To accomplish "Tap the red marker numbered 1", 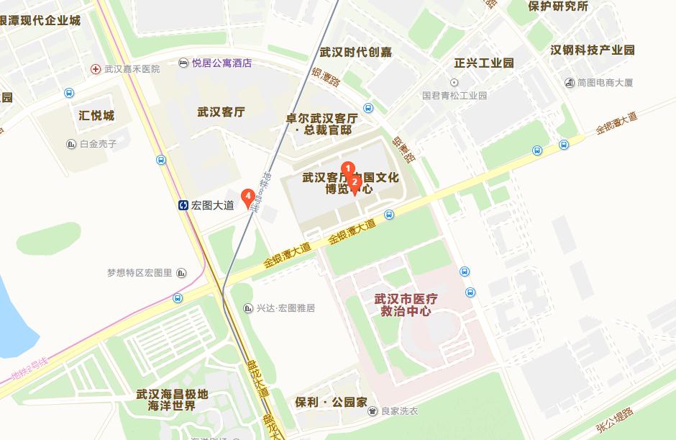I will tap(348, 168).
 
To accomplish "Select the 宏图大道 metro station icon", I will tap(184, 205).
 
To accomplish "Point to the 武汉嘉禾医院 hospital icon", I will tap(96, 69).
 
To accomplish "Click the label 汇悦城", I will tap(96, 115).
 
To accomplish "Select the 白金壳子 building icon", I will tap(70, 144).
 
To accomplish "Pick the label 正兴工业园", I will tap(484, 63).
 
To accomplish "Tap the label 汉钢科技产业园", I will tap(593, 50).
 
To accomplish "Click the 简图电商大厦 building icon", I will tap(570, 83).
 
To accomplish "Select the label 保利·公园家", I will tap(332, 401).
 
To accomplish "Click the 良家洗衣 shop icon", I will tap(373, 411).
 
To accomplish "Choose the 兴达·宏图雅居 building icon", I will tap(248, 308).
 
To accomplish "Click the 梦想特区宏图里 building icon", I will tap(181, 273).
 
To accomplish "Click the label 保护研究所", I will tap(557, 6).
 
